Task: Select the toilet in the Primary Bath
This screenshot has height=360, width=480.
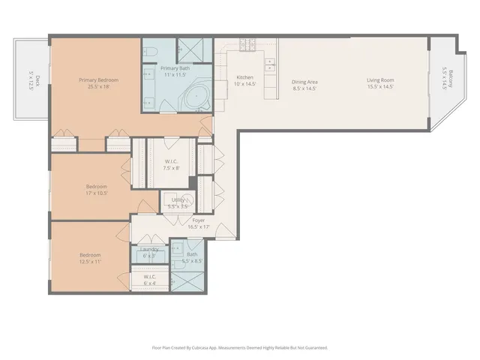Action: [149, 51]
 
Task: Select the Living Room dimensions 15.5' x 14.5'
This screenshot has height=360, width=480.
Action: [381, 87]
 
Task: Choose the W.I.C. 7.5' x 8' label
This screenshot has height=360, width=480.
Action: [171, 164]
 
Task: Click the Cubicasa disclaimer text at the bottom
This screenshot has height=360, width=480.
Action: [240, 347]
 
